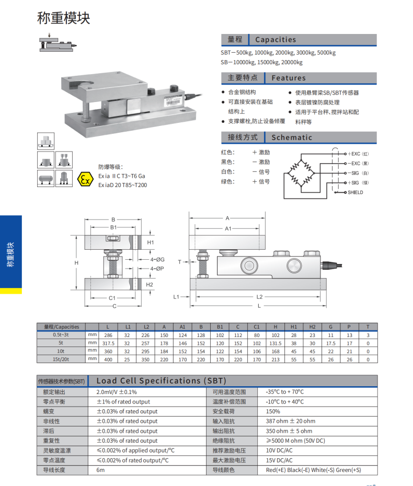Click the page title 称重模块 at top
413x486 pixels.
click(64, 18)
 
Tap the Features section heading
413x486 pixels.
click(288, 78)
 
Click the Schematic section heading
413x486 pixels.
click(291, 137)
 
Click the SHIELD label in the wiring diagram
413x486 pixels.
click(355, 192)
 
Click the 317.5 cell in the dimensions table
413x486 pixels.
click(108, 343)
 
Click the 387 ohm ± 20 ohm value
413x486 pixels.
click(290, 421)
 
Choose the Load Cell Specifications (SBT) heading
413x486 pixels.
click(162, 381)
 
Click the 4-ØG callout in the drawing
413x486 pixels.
click(157, 259)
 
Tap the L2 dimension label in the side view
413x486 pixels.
click(260, 297)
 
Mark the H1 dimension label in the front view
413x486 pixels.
click(150, 243)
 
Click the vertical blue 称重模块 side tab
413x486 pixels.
click(11, 254)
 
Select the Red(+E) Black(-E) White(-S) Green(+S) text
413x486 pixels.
click(313, 470)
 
